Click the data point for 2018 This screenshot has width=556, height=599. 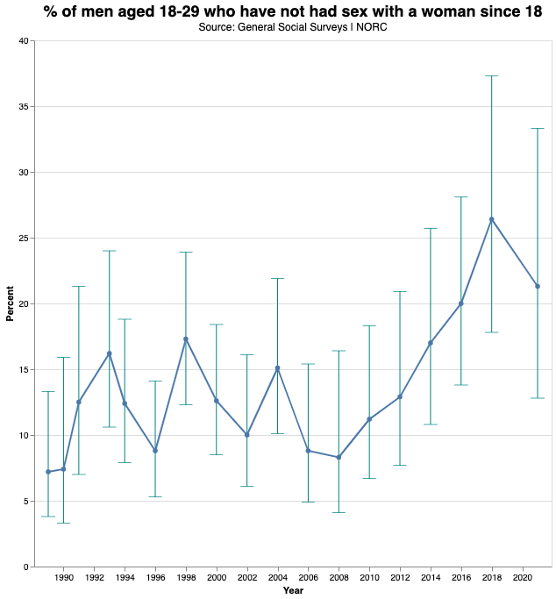click(x=492, y=219)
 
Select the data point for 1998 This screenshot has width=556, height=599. click(x=186, y=339)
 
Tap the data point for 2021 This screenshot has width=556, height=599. click(x=538, y=286)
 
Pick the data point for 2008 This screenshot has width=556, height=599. click(x=339, y=457)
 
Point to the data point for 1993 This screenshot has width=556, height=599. click(x=110, y=353)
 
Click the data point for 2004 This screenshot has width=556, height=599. click(x=277, y=368)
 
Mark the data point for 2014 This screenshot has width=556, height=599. click(x=431, y=343)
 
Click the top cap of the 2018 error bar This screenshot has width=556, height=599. click(x=492, y=76)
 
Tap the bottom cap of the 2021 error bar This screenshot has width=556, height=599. click(x=538, y=398)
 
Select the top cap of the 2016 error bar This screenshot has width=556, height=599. click(x=461, y=197)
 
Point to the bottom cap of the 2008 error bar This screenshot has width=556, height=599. click(x=339, y=512)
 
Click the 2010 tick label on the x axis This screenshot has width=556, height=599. click(x=369, y=579)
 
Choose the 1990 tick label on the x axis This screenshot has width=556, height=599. click(x=63, y=579)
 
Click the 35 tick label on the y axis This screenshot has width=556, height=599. click(x=23, y=107)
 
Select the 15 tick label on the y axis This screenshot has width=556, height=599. click(x=23, y=370)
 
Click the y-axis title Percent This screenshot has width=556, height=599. click(x=11, y=303)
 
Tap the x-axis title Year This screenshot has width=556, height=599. click(x=294, y=590)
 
